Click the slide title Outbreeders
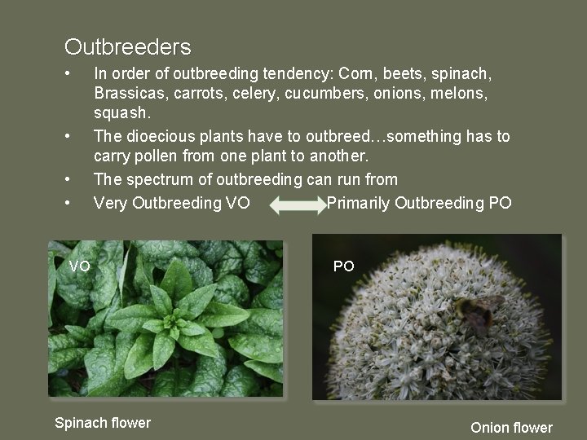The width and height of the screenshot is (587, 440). point(128,46)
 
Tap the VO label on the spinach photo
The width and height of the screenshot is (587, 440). point(80,266)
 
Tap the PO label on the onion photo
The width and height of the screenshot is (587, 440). point(344,266)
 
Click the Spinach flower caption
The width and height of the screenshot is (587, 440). point(103,422)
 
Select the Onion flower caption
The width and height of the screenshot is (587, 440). point(511,427)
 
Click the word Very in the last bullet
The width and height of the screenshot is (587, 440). point(110,202)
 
